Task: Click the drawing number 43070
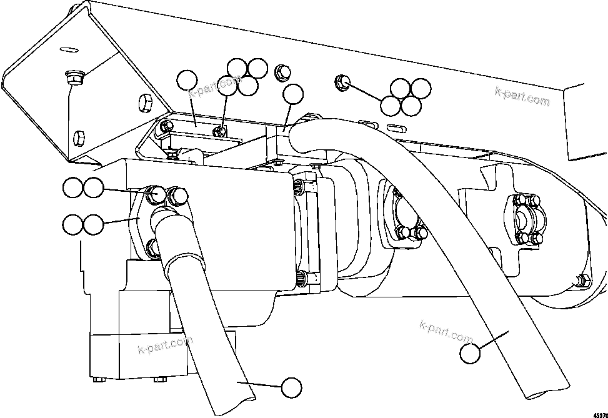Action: point(599,413)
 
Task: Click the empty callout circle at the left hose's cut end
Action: point(291,388)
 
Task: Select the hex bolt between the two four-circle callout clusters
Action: point(281,72)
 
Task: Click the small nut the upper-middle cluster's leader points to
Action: point(219,131)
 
